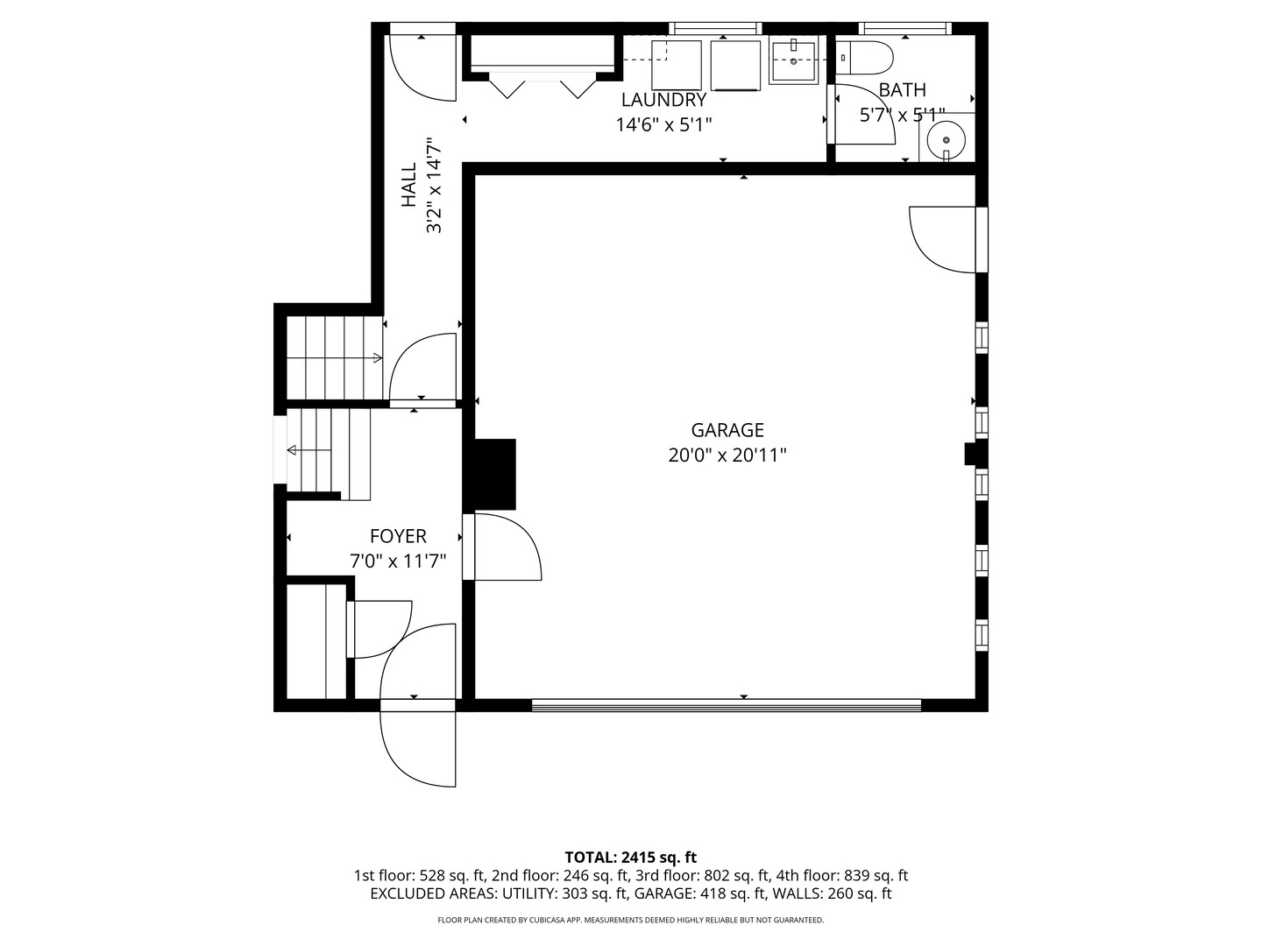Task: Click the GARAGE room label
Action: [727, 430]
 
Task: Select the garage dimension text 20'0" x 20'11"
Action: [727, 455]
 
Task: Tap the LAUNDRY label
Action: [663, 100]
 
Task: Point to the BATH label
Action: [902, 90]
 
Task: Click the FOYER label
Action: [398, 536]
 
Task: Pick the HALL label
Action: [408, 185]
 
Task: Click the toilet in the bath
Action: [864, 58]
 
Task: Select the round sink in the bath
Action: [946, 139]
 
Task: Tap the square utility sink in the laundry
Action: [793, 61]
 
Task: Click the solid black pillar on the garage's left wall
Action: [489, 475]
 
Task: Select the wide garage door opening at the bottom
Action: [727, 705]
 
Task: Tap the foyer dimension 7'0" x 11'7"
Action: [398, 561]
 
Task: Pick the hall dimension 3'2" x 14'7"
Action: [434, 185]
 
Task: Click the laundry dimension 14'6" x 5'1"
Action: [663, 124]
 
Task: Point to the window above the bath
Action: [905, 28]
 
